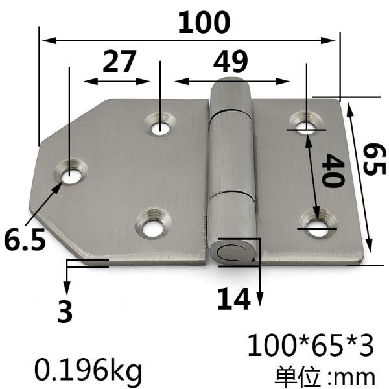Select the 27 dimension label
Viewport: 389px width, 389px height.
pos(120,62)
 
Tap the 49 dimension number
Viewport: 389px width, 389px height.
pos(230,62)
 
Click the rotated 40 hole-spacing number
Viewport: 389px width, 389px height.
pos(332,171)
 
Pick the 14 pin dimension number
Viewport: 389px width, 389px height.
pos(233,299)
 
